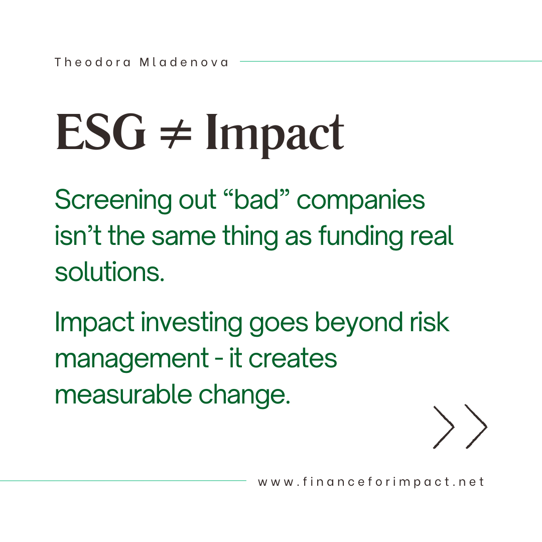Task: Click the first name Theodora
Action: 92,62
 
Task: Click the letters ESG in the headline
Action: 101,132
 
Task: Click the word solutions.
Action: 109,272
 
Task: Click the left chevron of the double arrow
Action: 445,427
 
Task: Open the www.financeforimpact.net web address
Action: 371,482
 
